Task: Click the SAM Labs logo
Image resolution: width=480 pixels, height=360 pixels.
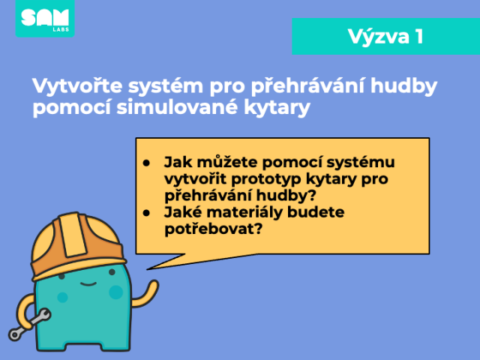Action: [x=45, y=18]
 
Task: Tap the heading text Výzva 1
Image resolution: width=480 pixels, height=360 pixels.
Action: [x=385, y=37]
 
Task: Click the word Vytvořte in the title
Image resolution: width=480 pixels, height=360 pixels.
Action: [x=77, y=85]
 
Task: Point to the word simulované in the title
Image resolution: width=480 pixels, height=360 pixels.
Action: [x=177, y=106]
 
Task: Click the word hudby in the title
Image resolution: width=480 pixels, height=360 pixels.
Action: [x=403, y=86]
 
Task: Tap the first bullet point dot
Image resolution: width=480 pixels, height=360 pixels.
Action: [x=146, y=163]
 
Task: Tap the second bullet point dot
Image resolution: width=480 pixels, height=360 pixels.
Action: [x=146, y=213]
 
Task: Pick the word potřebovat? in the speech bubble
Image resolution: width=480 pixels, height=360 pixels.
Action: [x=214, y=229]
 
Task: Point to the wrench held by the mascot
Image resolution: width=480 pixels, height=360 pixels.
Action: [x=30, y=325]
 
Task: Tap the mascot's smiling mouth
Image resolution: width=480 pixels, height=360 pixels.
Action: [x=88, y=283]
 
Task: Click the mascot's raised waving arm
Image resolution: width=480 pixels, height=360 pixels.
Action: [x=145, y=294]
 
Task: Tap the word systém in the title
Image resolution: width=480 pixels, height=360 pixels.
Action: [x=166, y=86]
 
